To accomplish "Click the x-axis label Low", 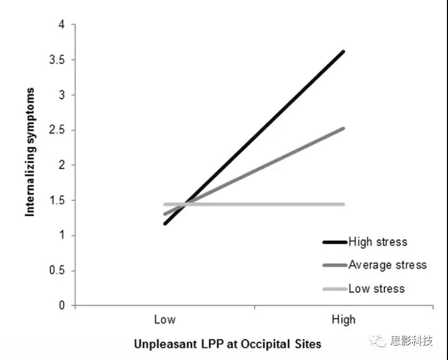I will pyautogui.click(x=165, y=320).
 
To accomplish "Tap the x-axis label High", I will pyautogui.click(x=344, y=320).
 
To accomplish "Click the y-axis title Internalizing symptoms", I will pyautogui.click(x=31, y=152).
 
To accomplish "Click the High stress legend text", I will pyautogui.click(x=378, y=242).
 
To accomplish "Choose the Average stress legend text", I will pyautogui.click(x=387, y=265).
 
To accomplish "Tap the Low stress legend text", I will pyautogui.click(x=376, y=289).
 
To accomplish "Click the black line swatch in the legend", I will pyautogui.click(x=334, y=242).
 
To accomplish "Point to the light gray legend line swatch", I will pyautogui.click(x=334, y=289).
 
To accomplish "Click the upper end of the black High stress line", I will pyautogui.click(x=343, y=51).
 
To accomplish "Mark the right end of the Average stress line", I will pyautogui.click(x=343, y=128).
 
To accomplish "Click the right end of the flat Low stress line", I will pyautogui.click(x=343, y=204).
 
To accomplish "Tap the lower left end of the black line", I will pyautogui.click(x=166, y=223).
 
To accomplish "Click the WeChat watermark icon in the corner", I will pyautogui.click(x=381, y=341).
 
